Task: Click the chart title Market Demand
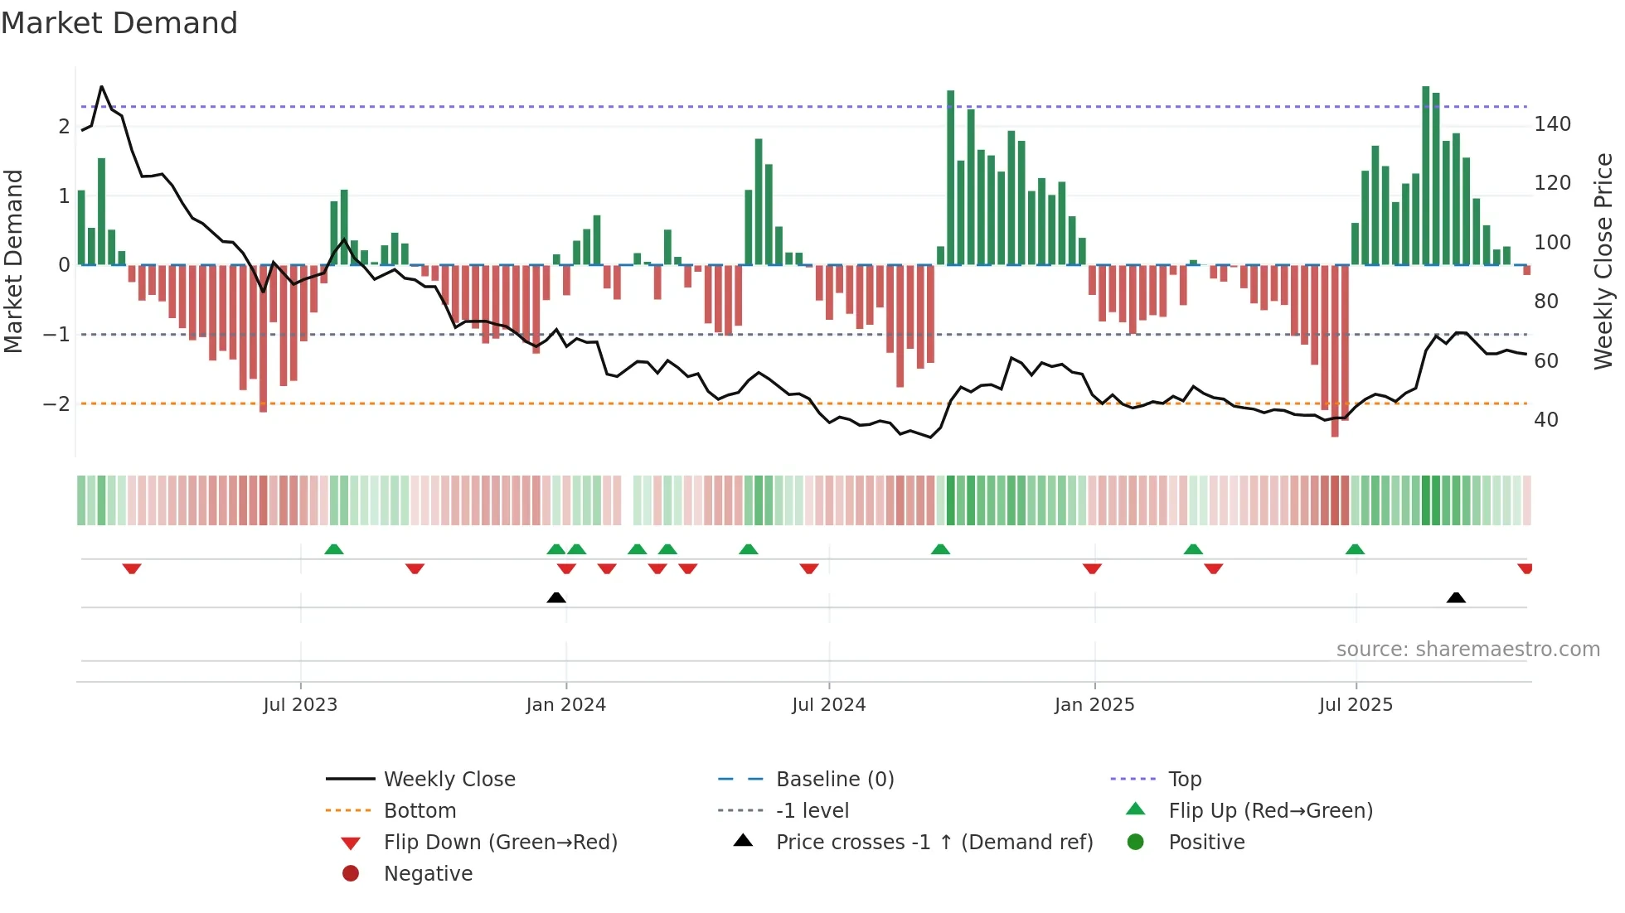click(119, 23)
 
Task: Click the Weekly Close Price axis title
click(1603, 260)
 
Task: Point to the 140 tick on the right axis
click(1552, 124)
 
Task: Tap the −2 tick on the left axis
click(56, 404)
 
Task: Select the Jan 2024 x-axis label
click(565, 705)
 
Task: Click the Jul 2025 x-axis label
click(1356, 705)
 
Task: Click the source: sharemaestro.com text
click(1467, 650)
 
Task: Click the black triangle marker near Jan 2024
click(556, 597)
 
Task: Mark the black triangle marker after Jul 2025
click(1456, 597)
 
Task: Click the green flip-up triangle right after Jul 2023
click(334, 549)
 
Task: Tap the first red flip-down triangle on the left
click(132, 568)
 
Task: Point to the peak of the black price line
click(102, 87)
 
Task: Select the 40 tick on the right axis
click(1545, 420)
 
